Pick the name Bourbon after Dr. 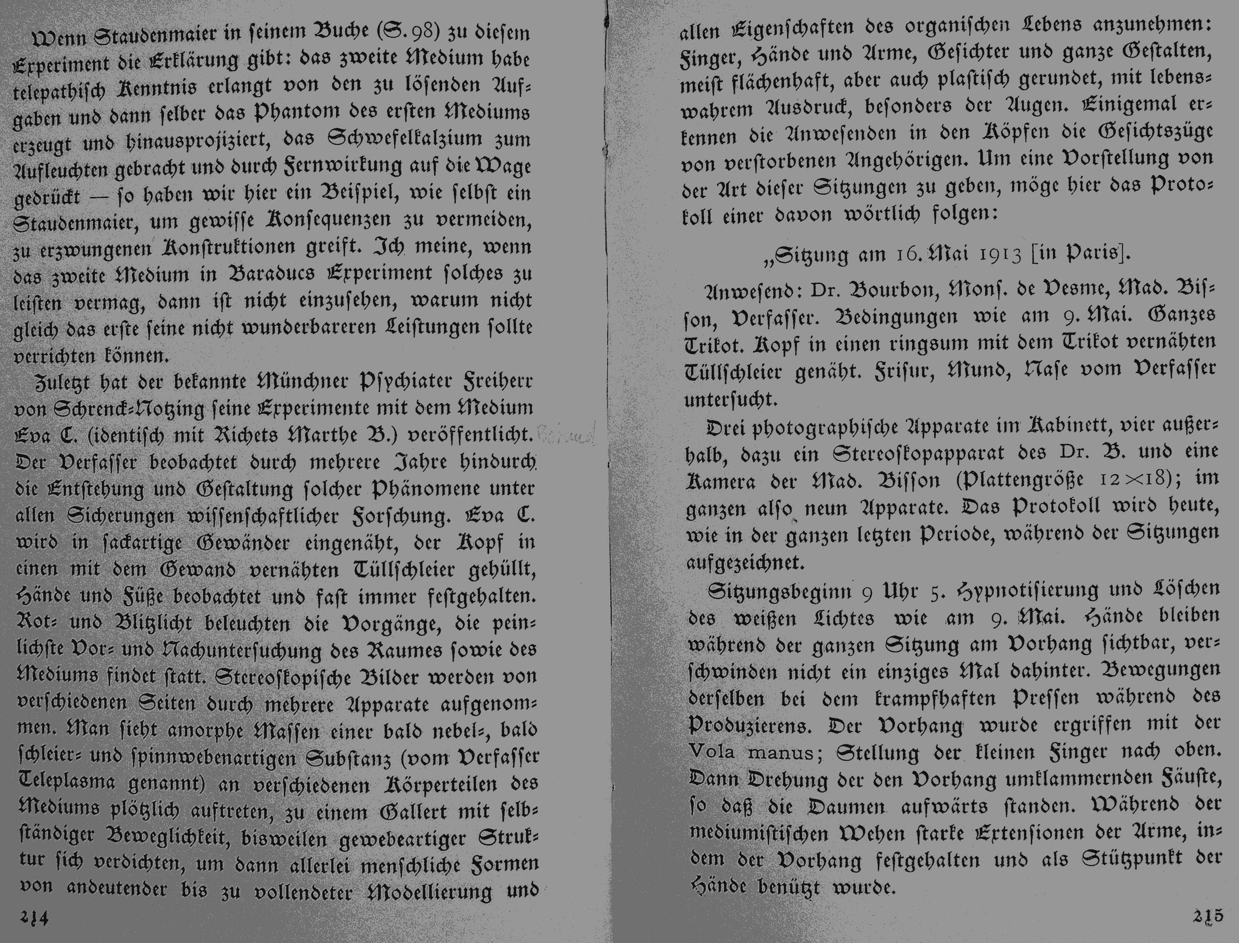884,289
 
